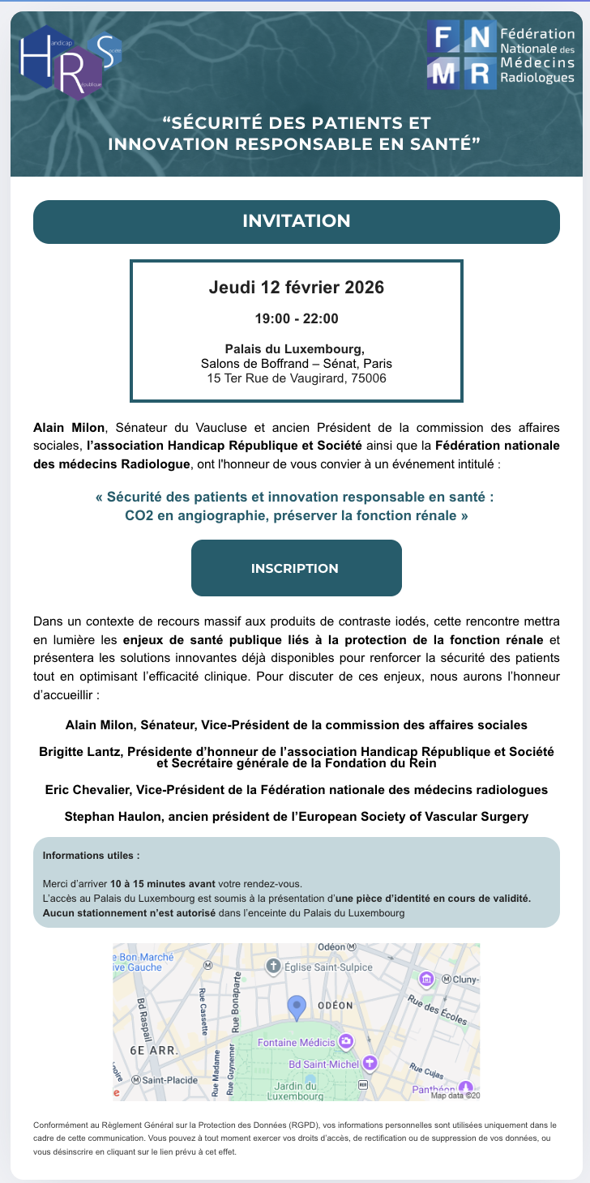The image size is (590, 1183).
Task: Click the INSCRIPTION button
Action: (x=295, y=568)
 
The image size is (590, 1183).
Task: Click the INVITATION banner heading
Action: (x=296, y=221)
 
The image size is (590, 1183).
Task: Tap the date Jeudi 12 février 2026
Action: (x=296, y=288)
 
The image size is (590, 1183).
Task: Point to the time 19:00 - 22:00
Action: (x=296, y=318)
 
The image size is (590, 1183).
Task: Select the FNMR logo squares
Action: (x=460, y=56)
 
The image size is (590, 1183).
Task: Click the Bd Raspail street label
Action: (x=145, y=1013)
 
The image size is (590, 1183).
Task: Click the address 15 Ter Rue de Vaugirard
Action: (x=296, y=378)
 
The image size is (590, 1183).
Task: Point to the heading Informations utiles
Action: (x=91, y=856)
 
